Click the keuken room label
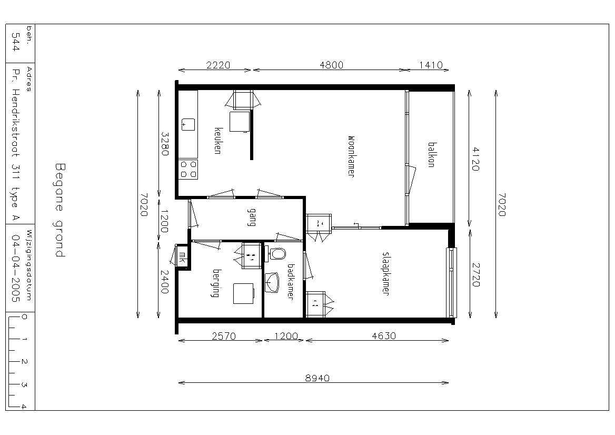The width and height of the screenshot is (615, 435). (217, 141)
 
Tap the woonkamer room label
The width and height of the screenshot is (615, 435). (351, 157)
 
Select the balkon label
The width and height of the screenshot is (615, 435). (431, 154)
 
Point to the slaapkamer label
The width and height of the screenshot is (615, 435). (385, 273)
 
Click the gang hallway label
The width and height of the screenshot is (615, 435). (251, 217)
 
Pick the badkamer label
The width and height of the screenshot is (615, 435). (291, 281)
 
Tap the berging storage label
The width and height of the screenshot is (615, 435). (215, 283)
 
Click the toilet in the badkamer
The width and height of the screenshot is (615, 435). (277, 253)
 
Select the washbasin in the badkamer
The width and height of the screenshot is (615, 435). (272, 283)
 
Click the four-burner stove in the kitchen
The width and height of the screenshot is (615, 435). (189, 169)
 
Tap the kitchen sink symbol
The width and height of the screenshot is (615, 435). (188, 124)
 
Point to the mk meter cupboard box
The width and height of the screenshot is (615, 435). (182, 257)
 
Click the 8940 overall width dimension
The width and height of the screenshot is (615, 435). (318, 378)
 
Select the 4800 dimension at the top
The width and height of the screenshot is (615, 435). (331, 65)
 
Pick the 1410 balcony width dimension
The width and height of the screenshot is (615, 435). (431, 65)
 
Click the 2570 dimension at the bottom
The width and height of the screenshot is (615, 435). (224, 336)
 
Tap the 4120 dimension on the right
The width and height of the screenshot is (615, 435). (475, 159)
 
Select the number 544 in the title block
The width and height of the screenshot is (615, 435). (16, 42)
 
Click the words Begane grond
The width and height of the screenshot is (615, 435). (59, 210)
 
